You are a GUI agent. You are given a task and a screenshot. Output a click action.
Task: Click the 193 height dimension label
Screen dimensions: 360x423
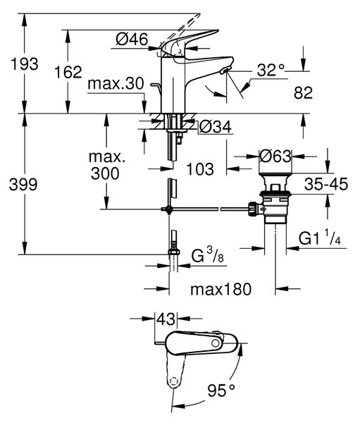pos(25,64)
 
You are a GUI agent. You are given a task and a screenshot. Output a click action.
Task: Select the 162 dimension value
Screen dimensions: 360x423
pos(68,73)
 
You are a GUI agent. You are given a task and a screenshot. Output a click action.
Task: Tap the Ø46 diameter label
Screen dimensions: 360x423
pos(132,39)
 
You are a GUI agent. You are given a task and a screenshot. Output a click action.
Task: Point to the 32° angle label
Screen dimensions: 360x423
pos(271,70)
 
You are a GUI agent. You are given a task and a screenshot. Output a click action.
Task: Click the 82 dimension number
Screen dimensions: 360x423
pos(304,93)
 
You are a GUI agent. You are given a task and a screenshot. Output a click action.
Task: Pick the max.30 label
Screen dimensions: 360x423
pos(116,84)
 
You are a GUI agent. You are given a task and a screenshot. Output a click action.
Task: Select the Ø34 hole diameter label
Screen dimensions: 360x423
pos(215,126)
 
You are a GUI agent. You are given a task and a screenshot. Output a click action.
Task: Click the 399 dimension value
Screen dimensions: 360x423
pos(23,185)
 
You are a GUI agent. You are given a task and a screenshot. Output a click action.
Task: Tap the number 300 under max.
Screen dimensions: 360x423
pos(105,173)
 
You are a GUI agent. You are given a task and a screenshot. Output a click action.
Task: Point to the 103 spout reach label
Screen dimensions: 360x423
pos(200,169)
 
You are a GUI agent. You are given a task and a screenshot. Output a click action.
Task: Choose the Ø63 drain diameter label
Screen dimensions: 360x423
pos(275,157)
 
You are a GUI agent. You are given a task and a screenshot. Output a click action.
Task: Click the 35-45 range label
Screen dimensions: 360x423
pos(326,185)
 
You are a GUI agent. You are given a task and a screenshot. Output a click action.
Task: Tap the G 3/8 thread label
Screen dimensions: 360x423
pos(208,255)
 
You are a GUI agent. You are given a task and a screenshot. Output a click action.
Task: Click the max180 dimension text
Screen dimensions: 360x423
pos(221,290)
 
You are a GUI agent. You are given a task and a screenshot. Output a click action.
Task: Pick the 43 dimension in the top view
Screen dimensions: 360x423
pos(166,319)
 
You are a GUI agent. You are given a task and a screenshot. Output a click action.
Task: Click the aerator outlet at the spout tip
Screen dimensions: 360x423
pos(225,70)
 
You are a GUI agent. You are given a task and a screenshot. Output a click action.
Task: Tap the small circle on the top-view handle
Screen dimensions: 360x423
pos(215,343)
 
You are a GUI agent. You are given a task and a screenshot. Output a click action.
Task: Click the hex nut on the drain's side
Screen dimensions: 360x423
pos(253,209)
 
